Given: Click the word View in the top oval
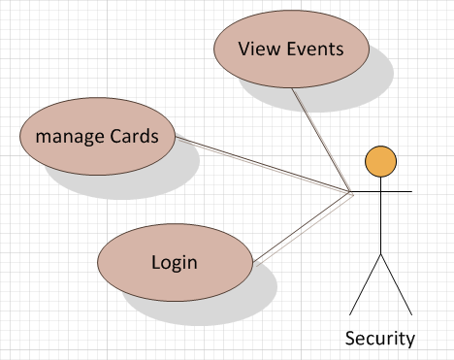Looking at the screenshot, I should coord(257,49).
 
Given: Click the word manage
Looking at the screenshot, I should coord(69,135).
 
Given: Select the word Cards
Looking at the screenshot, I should coord(133,135).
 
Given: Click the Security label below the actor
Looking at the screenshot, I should coord(380,339).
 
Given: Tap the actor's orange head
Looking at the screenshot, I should coord(380,159).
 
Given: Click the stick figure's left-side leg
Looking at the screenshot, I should coord(365,285).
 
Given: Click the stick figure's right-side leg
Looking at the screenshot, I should coord(397,285).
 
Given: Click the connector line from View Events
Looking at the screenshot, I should coord(320,141).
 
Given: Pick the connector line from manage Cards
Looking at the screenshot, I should coord(262,167).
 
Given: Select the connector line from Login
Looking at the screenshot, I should coord(301,229).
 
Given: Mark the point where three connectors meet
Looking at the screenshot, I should coord(350,193).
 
